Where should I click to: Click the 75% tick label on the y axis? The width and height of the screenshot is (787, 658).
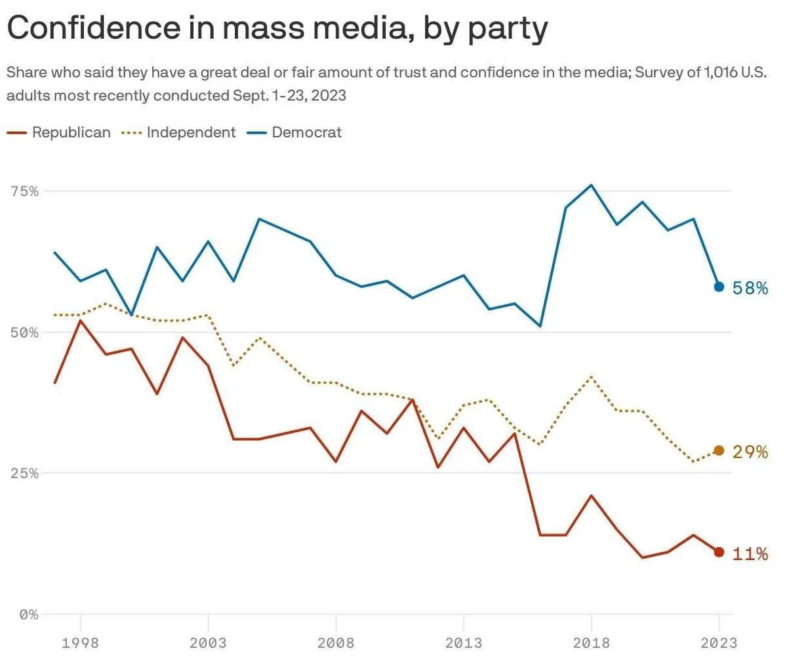coord(24,191)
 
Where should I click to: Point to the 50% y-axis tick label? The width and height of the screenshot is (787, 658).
coord(24,332)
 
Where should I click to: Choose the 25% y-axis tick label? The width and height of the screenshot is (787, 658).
coord(24,473)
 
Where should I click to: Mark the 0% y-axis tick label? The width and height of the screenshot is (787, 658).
coord(28,615)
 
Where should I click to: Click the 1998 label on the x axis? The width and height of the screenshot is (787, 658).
coord(80,642)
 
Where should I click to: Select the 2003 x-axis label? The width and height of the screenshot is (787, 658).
coord(208,642)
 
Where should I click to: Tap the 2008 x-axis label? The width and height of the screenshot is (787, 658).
coord(336,642)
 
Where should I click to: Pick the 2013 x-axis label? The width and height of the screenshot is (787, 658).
coord(464,642)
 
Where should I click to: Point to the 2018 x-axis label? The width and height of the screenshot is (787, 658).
coord(592,642)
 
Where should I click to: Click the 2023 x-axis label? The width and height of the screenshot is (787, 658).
coord(719,642)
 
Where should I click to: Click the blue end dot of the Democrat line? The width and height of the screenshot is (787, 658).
coord(719,287)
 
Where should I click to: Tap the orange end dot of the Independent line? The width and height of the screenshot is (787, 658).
coord(719,451)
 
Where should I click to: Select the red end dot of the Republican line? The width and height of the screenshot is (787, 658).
coord(719,552)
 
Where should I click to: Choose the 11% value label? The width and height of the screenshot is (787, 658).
coord(750,554)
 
